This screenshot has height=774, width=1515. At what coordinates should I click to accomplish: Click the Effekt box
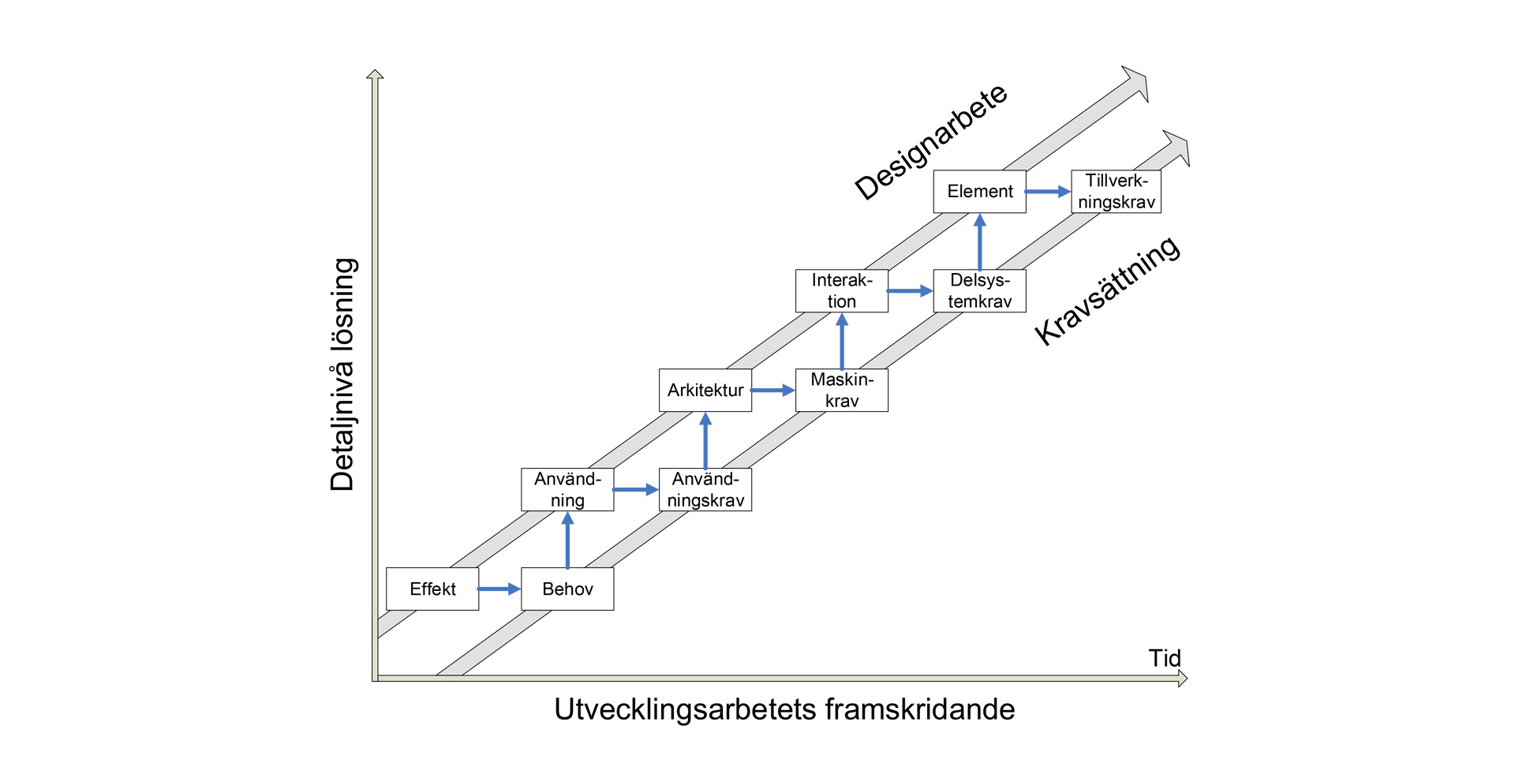(x=432, y=589)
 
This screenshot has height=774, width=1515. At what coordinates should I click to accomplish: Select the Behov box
(x=567, y=589)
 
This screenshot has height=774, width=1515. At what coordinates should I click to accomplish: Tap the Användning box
(x=567, y=489)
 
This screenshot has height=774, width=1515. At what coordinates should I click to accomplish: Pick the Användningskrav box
(x=705, y=489)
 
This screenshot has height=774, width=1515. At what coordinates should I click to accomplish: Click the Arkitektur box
(x=705, y=390)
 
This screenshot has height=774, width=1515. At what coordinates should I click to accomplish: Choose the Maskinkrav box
(x=842, y=390)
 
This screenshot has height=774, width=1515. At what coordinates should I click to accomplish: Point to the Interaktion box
(x=842, y=290)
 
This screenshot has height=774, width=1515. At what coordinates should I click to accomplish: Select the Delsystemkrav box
(x=979, y=290)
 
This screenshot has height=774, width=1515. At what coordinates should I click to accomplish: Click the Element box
(x=979, y=191)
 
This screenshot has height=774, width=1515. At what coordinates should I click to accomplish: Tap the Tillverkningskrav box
(x=1116, y=191)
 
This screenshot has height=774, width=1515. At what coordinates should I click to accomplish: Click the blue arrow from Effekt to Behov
(x=499, y=589)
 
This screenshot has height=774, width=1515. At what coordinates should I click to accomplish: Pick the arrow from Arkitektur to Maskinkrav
(x=772, y=390)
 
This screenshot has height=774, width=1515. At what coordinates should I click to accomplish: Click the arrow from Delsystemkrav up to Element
(x=979, y=242)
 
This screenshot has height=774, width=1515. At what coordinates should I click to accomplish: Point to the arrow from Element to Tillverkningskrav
(x=1047, y=191)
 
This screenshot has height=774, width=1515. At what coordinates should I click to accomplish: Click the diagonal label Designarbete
(x=931, y=142)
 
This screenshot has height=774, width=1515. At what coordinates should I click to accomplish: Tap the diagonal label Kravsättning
(x=1107, y=290)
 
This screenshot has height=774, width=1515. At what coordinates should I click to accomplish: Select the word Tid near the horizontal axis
(x=1164, y=658)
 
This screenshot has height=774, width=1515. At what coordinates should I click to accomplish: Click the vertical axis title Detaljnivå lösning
(x=342, y=375)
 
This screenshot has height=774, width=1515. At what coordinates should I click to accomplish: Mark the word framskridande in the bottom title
(x=919, y=709)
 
